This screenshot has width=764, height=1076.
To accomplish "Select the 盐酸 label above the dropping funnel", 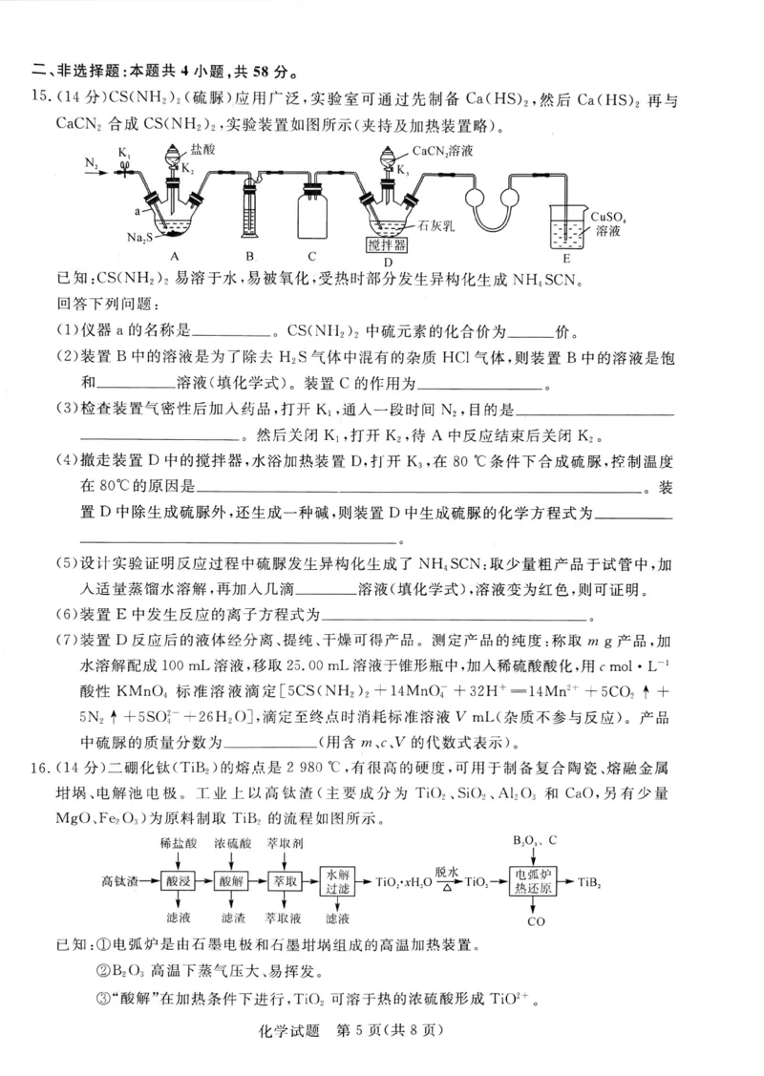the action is click(202, 150).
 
